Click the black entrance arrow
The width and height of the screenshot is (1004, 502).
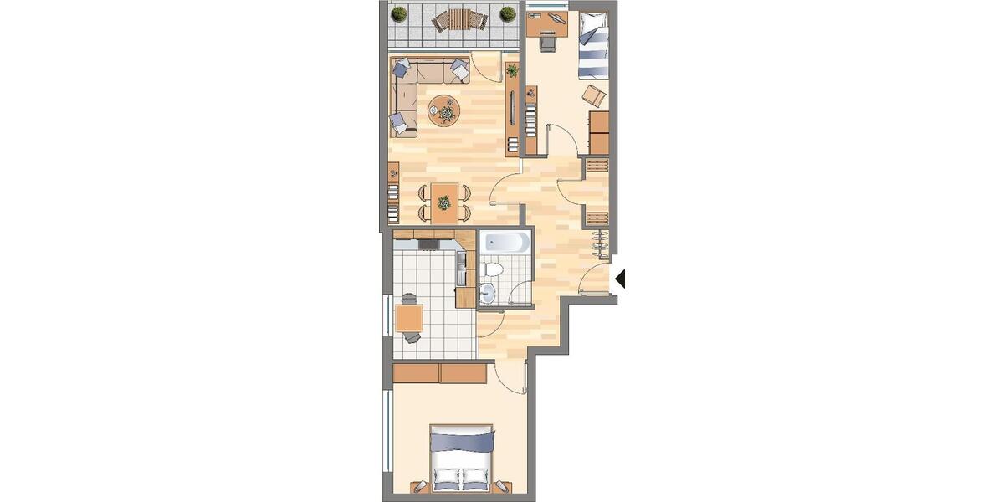[x=620, y=279]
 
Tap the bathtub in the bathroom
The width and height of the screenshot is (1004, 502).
[x=505, y=243]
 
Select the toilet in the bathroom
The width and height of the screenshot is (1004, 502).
[x=493, y=269]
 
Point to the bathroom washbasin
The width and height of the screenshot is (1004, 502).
[x=488, y=293]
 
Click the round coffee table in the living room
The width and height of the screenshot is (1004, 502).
[x=443, y=110]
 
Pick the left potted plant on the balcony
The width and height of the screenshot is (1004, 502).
[x=399, y=13]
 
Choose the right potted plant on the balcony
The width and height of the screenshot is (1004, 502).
[x=507, y=13]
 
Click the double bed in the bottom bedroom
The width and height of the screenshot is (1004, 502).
[x=462, y=456]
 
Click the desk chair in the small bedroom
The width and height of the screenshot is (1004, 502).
[x=548, y=40]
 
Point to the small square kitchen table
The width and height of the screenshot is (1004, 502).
[x=409, y=318]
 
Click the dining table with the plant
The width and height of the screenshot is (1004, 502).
[x=444, y=202]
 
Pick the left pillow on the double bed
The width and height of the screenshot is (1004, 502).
[x=446, y=480]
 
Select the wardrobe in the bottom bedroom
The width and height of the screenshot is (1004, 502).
[x=439, y=373]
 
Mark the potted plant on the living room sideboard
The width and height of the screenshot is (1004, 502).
[x=512, y=71]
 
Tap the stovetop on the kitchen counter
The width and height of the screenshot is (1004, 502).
[x=428, y=244]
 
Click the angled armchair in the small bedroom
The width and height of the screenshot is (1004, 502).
[x=595, y=94]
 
